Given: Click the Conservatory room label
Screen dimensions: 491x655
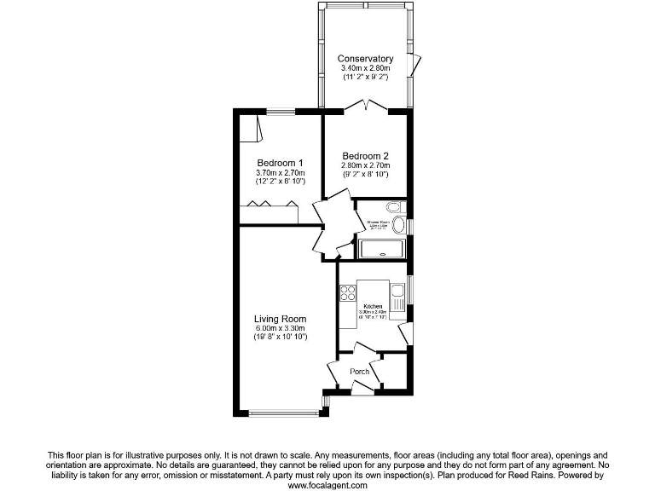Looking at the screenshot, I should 365,59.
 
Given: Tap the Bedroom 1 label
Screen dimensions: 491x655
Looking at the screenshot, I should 281,163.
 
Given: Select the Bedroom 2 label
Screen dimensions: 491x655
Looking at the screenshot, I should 365,155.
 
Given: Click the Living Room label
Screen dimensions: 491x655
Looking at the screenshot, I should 280,319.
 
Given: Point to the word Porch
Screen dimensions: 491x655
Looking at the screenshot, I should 359,372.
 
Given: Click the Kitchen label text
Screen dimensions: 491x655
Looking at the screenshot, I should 373,306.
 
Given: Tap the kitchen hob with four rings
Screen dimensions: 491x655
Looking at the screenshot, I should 348,293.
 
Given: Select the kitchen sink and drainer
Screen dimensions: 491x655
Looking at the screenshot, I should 397,298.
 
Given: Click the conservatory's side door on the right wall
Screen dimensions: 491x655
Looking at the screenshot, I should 414,66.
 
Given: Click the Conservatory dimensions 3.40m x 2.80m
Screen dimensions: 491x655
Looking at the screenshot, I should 365,68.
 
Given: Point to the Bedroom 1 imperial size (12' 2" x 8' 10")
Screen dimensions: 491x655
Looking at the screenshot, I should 281,182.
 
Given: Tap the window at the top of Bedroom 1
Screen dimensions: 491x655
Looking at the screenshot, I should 281,111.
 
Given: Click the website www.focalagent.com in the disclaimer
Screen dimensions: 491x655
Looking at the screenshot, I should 327,485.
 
